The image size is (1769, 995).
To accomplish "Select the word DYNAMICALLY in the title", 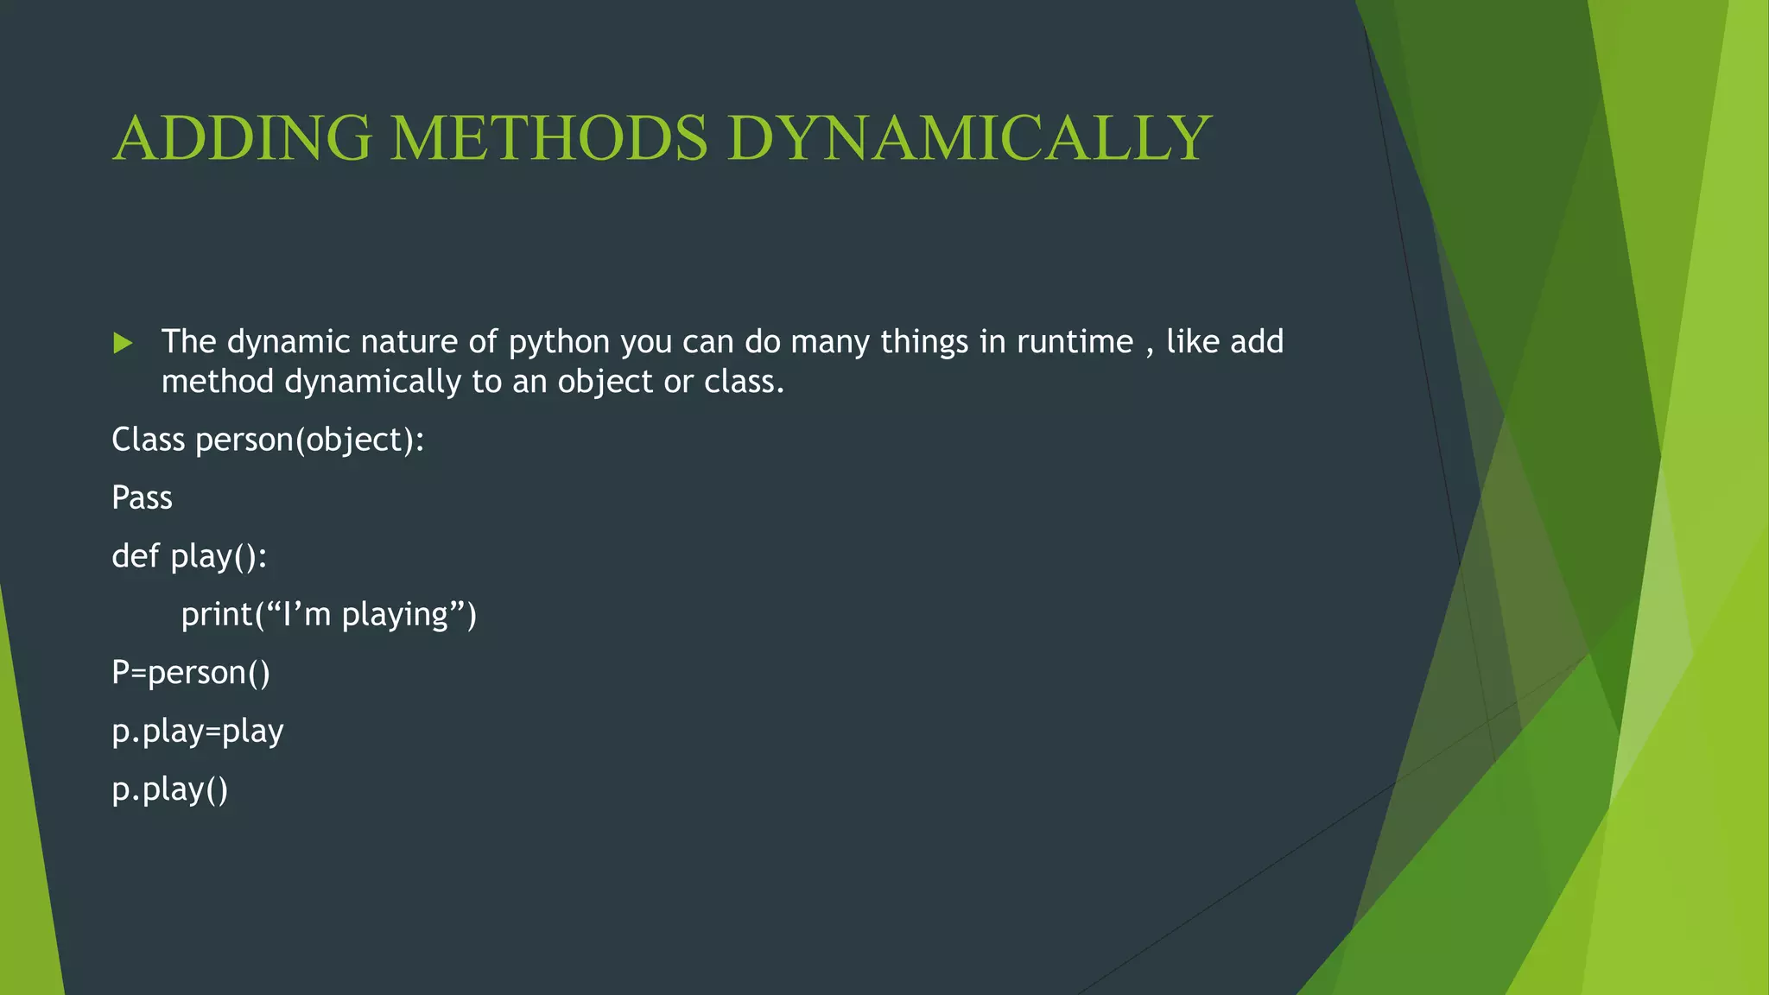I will (x=968, y=138).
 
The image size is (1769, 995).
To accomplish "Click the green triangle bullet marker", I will (x=123, y=343).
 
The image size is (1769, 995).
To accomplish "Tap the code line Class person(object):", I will (x=268, y=440).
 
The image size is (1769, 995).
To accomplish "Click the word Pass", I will (x=143, y=498).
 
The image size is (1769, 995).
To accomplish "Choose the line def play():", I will (x=189, y=556).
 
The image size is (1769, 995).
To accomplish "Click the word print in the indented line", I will (x=217, y=615).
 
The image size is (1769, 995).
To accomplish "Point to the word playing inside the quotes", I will (x=395, y=615).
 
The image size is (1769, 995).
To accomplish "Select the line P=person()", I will (x=191, y=673).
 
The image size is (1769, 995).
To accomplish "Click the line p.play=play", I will (x=198, y=732).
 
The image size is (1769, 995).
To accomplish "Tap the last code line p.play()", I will (x=170, y=789).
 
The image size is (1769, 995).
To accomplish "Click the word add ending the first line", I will (x=1257, y=342).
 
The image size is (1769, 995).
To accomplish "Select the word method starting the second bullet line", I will (x=218, y=382).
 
